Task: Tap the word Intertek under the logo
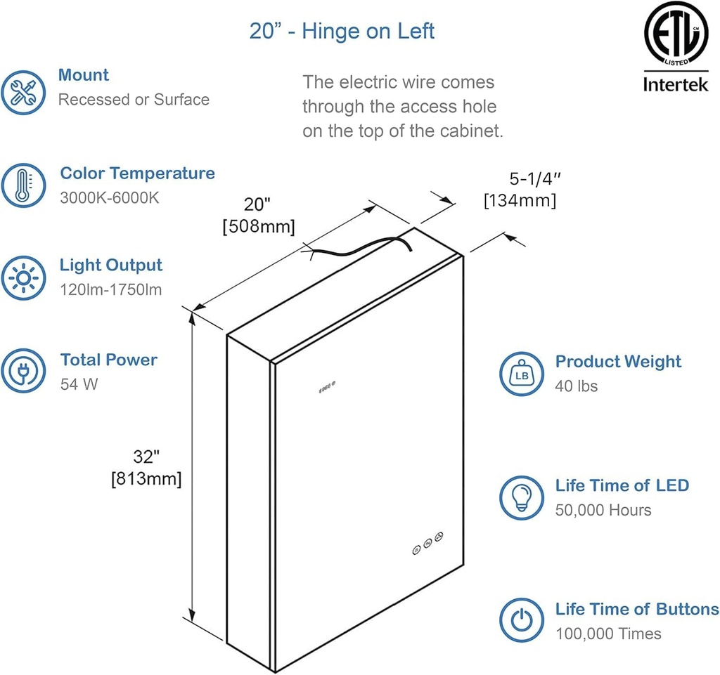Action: coord(676,85)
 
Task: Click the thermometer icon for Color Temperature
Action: coord(24,185)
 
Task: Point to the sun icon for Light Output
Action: coord(24,277)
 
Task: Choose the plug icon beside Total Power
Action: coord(24,371)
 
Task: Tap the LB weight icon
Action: coord(522,374)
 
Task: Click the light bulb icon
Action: coord(522,497)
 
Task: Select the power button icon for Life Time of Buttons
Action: coord(522,620)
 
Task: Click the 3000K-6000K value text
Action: coord(110,197)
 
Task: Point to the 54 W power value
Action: coord(79,385)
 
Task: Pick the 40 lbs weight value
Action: coord(577,386)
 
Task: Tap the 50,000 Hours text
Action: coord(603,510)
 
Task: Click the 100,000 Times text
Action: coord(608,634)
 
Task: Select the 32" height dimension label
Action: coord(147,457)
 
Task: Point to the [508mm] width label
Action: coord(258,227)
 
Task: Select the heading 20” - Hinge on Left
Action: coord(342,31)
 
